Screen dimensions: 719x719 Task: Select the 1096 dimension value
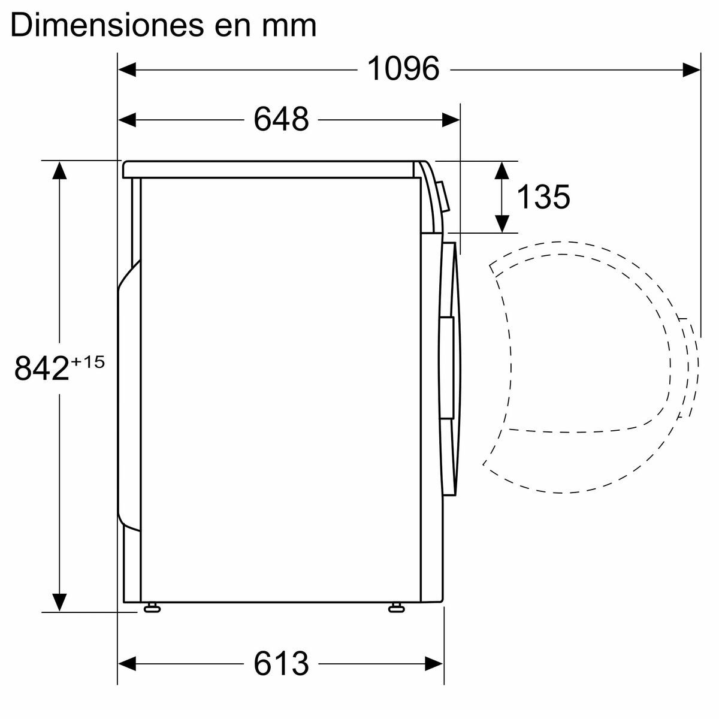click(403, 69)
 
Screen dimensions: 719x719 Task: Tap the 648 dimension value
click(281, 119)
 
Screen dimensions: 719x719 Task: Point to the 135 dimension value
click(543, 197)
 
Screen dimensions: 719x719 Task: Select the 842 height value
click(41, 368)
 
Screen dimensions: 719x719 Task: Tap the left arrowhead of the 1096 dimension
click(128, 70)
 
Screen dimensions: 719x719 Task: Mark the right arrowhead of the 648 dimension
click(451, 120)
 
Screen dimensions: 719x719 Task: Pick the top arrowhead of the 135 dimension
click(502, 170)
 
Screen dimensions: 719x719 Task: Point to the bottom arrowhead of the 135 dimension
click(502, 223)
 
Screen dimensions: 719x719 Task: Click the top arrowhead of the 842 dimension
click(59, 171)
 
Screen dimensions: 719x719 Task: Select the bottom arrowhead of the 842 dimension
click(59, 602)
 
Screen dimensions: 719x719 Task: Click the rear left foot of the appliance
click(152, 608)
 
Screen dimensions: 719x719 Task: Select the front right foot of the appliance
click(396, 608)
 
